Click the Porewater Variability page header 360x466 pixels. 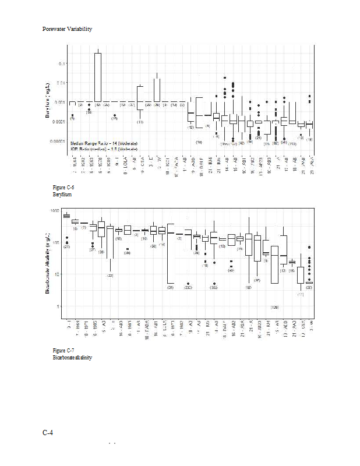68,29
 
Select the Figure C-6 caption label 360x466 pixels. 63,187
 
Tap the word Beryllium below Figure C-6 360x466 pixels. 63,194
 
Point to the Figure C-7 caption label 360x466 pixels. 63,349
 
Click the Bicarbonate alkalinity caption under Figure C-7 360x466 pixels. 72,357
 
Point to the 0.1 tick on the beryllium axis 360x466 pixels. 63,63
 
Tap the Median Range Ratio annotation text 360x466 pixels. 103,143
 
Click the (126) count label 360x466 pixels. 274,307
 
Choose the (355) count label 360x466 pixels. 214,288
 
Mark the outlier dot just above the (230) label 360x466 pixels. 188,284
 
